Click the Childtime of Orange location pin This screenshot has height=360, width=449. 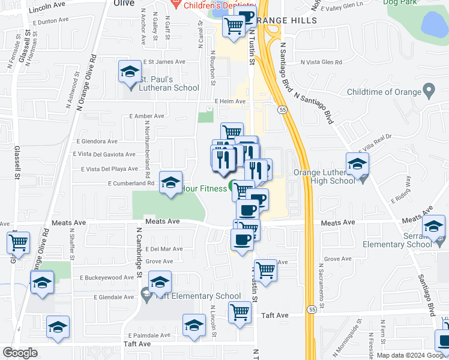(429, 92)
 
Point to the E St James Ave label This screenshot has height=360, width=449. (163, 62)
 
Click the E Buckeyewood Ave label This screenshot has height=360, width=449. (107, 278)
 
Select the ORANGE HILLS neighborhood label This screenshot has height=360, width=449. (285, 20)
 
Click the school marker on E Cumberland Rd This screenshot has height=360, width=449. (170, 182)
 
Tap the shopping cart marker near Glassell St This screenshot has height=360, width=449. (19, 244)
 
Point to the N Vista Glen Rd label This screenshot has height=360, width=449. (321, 62)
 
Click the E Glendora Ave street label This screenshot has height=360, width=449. (97, 142)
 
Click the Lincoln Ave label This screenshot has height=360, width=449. (47, 4)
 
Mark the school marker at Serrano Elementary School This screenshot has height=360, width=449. (433, 227)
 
